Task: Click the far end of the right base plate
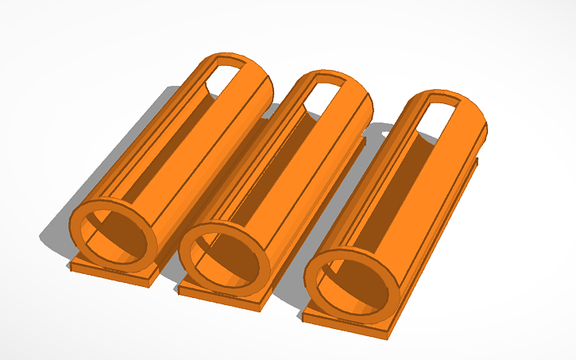click(474, 164)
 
